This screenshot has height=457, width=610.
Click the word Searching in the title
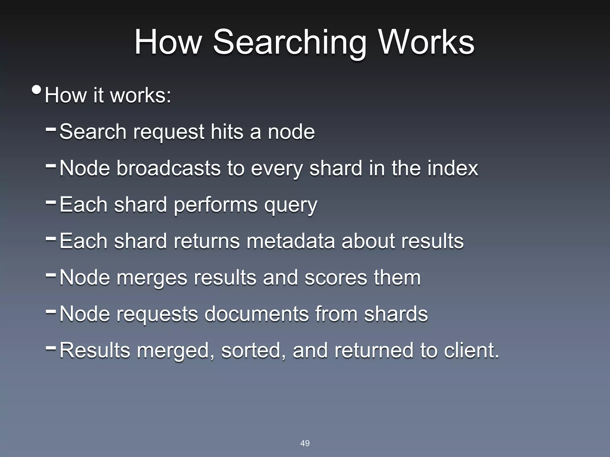(x=289, y=43)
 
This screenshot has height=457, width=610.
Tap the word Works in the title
(x=426, y=43)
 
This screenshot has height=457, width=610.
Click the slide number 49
(x=305, y=443)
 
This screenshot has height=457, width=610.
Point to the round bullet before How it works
(x=36, y=90)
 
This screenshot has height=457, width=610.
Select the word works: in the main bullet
(x=141, y=96)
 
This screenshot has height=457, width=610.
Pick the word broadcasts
(x=168, y=168)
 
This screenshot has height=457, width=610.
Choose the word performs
(x=215, y=205)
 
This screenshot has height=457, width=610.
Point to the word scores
(x=336, y=278)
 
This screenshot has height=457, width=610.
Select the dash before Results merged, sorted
(x=51, y=348)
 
